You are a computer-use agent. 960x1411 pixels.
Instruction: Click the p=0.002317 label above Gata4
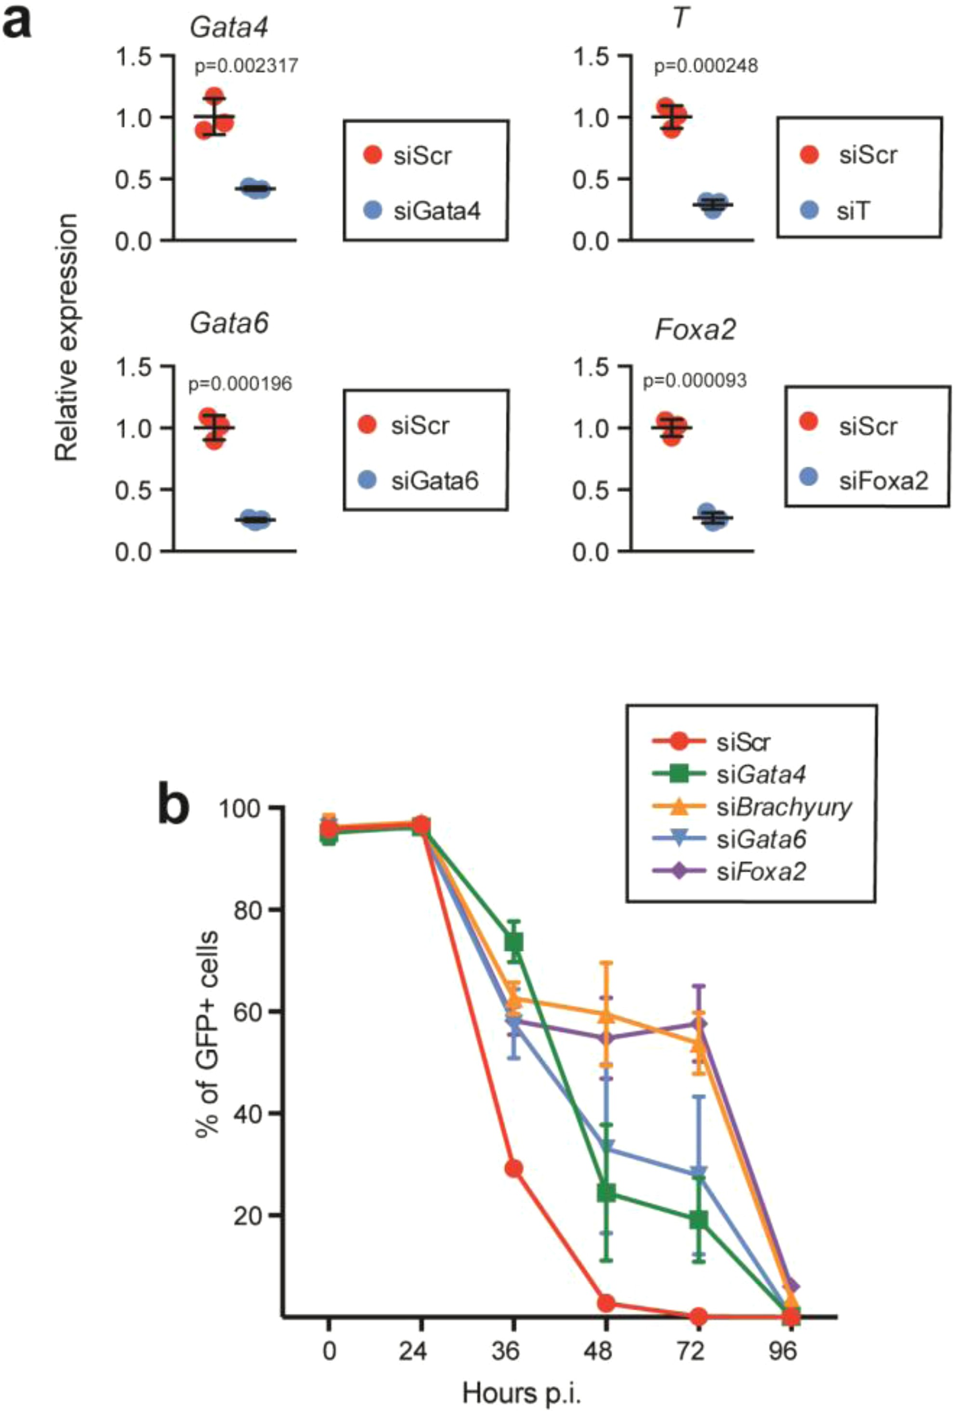pyautogui.click(x=246, y=66)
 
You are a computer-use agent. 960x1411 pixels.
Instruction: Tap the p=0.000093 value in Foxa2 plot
pyautogui.click(x=694, y=381)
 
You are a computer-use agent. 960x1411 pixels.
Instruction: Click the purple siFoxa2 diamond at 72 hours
pyautogui.click(x=699, y=1024)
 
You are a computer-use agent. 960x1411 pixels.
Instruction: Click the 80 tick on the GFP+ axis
pyautogui.click(x=249, y=909)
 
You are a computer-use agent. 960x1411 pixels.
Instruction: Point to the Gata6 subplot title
pyautogui.click(x=229, y=324)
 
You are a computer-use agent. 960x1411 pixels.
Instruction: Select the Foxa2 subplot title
pyautogui.click(x=695, y=330)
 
